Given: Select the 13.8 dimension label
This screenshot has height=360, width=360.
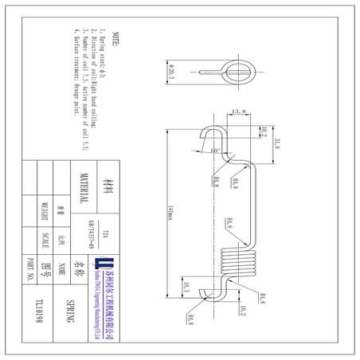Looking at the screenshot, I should (x=237, y=112).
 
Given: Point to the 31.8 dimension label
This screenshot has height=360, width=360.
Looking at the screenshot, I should (x=276, y=143).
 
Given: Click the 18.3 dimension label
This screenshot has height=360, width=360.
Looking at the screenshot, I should (x=185, y=288).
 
